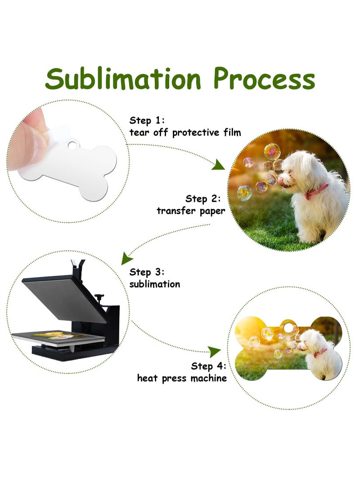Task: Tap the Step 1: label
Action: point(148,120)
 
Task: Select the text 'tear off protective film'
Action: point(185,132)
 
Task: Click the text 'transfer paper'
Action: point(191,211)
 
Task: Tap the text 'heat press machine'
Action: point(182,378)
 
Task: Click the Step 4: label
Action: point(209,366)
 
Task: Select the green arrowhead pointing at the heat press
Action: point(127,258)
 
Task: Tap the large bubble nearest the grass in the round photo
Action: point(244,193)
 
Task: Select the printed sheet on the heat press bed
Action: point(58,335)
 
